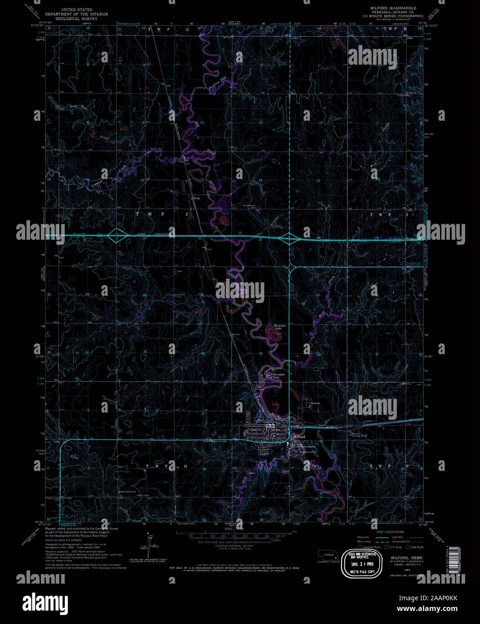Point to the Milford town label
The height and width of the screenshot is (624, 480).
click(298, 437)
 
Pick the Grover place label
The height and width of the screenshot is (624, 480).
click(315, 403)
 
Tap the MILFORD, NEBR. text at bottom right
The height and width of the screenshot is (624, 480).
click(397, 557)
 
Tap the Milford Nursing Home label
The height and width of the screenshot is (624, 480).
click(359, 435)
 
